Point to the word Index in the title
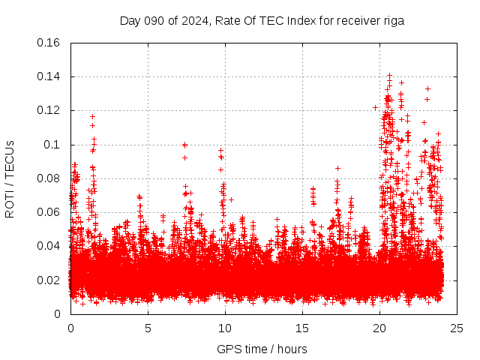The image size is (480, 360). click(289, 21)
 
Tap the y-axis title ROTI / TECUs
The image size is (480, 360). click(10, 178)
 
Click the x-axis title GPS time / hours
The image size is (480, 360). click(262, 349)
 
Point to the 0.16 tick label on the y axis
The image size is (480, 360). click(49, 43)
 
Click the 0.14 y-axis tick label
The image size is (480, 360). click(49, 76)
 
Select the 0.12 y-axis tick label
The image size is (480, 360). click(49, 110)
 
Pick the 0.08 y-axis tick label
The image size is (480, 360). click(49, 178)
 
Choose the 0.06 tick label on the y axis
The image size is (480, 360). click(49, 212)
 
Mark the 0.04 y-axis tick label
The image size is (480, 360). click(49, 246)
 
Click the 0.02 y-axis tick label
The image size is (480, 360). click(49, 280)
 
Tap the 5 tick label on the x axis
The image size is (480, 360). click(148, 328)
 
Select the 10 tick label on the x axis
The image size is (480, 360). click(225, 328)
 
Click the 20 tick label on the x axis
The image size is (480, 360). click(379, 328)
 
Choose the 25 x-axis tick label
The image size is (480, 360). click(457, 328)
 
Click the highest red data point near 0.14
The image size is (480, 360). click(389, 75)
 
